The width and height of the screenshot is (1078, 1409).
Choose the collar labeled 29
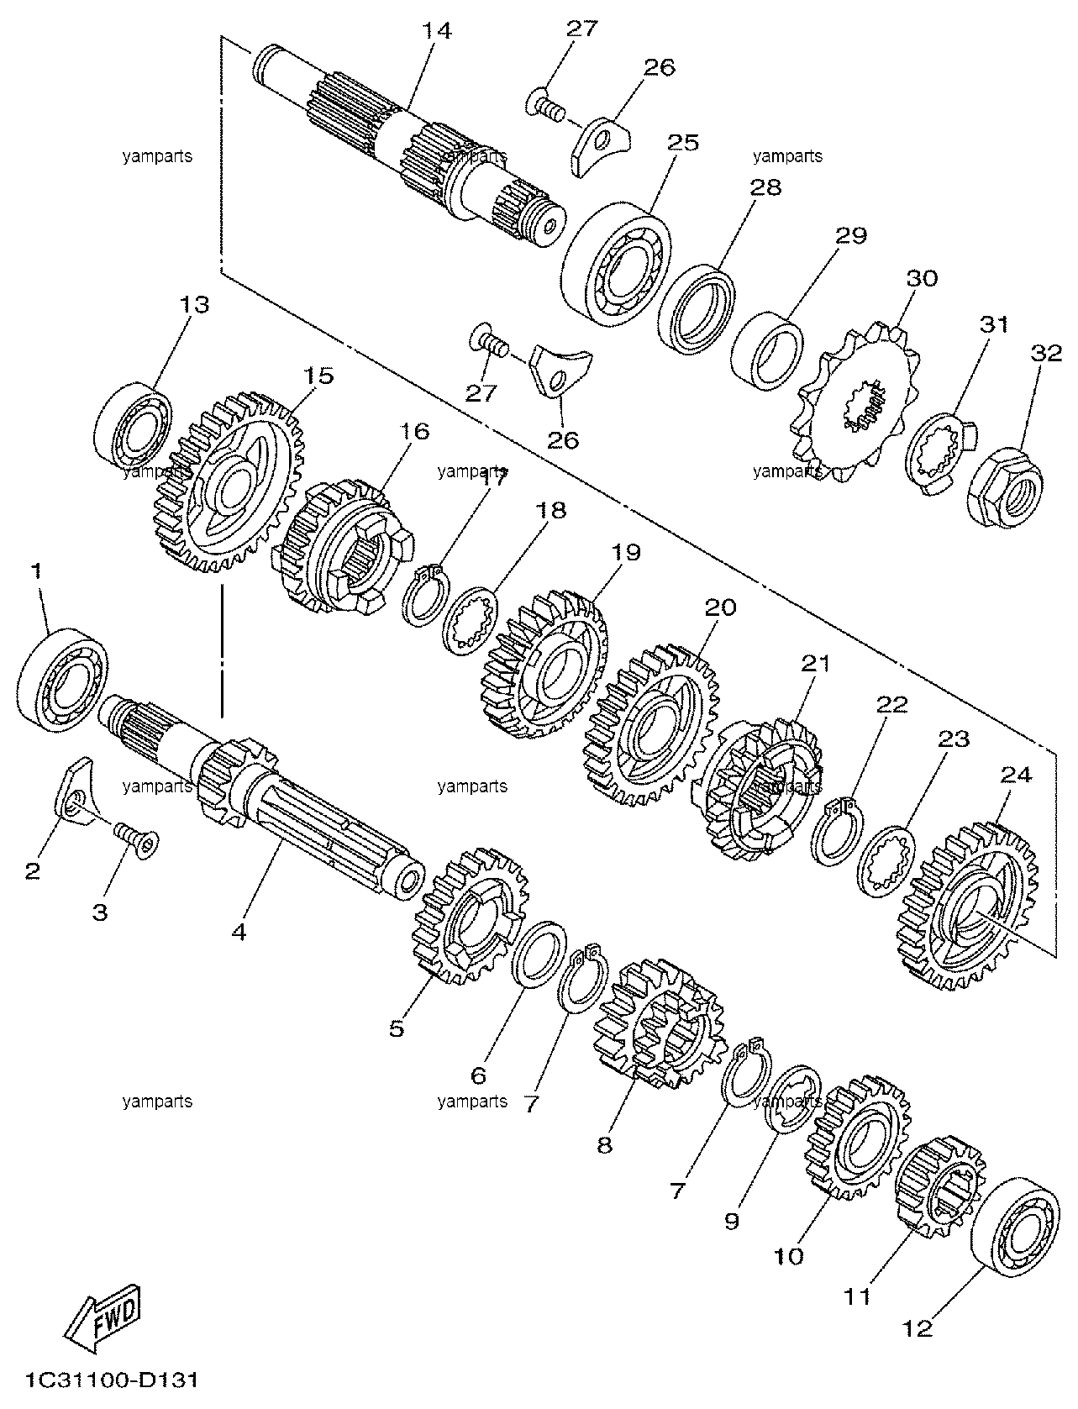767,350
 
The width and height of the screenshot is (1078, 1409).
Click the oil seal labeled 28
697,308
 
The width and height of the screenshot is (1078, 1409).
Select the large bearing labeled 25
618,264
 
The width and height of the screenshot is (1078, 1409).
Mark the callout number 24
1016,775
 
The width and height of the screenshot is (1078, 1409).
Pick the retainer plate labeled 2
74,790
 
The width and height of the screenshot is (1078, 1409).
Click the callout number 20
720,607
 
